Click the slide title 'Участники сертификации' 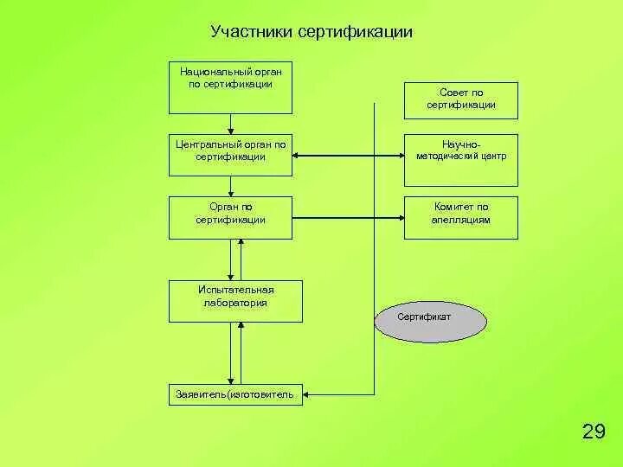[311, 33]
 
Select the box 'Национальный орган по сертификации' [230, 86]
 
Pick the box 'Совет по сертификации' [460, 100]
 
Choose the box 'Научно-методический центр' [460, 160]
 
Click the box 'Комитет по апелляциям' [460, 217]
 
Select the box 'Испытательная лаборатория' [234, 302]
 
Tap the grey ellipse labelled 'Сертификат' [430, 319]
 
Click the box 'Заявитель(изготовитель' [234, 395]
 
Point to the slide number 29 [594, 432]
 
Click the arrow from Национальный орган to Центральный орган [230, 124]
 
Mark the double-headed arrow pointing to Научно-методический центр [348, 157]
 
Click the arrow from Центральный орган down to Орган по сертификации [230, 186]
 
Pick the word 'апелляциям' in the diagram [460, 220]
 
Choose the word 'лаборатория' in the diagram [234, 303]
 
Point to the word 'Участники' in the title [251, 33]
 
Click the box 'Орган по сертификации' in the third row [230, 217]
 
